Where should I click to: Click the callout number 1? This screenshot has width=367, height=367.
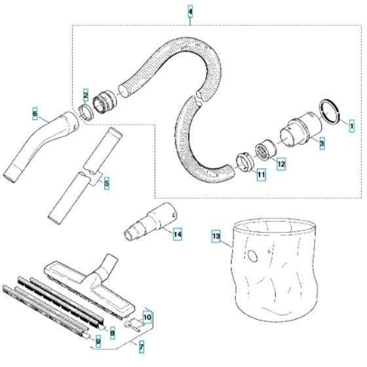click(x=351, y=123)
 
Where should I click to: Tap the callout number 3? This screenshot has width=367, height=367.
click(x=322, y=142)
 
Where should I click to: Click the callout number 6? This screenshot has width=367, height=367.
click(x=35, y=113)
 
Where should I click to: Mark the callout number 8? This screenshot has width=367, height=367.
click(x=112, y=332)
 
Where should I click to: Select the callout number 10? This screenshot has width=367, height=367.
click(x=147, y=317)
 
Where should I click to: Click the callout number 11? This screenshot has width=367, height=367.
click(x=261, y=175)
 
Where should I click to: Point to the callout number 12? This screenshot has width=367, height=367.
click(x=280, y=164)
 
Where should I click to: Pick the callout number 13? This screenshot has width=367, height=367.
click(x=216, y=234)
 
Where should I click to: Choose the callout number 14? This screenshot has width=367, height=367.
click(x=176, y=233)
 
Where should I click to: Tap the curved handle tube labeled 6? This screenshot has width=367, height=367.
click(x=39, y=144)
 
